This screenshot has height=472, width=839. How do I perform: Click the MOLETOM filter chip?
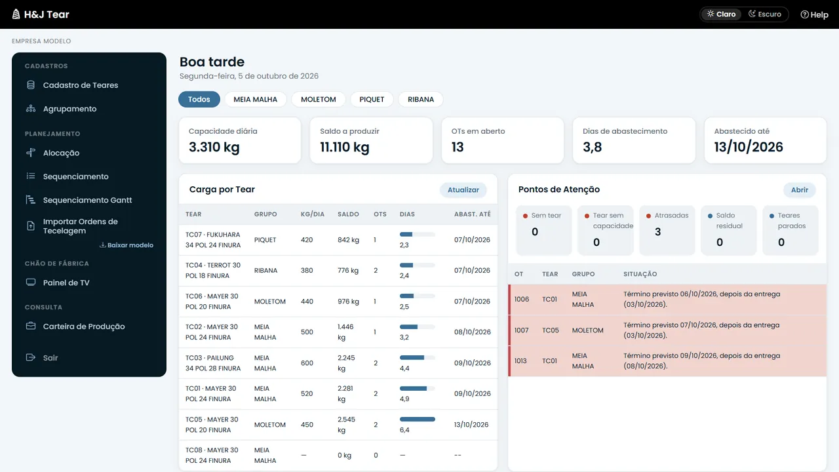319,99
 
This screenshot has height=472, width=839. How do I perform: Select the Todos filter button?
199,99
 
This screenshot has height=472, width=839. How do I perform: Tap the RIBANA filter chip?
421,99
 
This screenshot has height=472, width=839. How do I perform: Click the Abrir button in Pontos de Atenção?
799,190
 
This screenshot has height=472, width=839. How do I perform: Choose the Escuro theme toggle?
765,14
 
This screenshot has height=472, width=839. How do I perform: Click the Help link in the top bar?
814,14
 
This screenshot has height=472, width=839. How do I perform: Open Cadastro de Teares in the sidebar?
81,85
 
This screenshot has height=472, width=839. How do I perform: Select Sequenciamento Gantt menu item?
87,200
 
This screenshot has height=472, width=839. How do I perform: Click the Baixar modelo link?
127,245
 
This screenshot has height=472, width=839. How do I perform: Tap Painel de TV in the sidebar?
66,283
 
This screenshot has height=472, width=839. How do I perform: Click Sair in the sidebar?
50,358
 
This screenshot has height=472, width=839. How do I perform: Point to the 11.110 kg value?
345,147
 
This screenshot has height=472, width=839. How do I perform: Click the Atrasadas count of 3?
657,232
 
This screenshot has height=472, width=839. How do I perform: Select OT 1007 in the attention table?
521,330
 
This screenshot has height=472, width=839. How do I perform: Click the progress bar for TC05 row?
418,419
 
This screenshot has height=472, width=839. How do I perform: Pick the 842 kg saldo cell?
348,240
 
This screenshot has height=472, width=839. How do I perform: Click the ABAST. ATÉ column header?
473,214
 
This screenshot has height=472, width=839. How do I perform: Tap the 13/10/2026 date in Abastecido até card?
749,147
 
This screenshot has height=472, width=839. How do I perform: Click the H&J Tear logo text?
47,14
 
